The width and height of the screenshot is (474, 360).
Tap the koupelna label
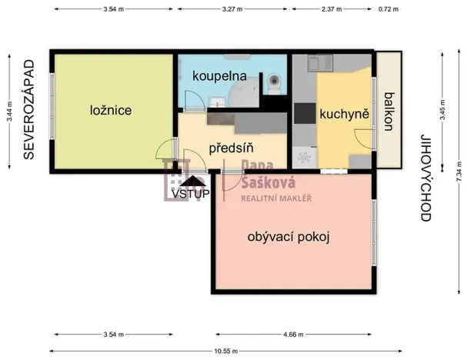(x=219, y=77)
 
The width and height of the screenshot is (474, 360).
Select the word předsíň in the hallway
(x=232, y=148)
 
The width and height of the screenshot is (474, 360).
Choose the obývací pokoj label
(x=289, y=237)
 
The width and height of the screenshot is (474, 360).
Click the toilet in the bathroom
(x=275, y=81)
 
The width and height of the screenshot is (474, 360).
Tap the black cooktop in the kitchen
(x=305, y=113)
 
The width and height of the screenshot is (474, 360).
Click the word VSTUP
(x=189, y=195)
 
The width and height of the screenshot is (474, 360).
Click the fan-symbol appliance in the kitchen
(x=304, y=157)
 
